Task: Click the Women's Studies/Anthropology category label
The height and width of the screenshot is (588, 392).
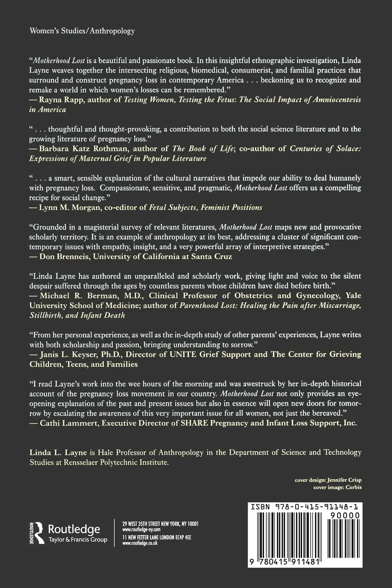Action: coord(82,31)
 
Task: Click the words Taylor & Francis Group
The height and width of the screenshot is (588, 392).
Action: coord(78,540)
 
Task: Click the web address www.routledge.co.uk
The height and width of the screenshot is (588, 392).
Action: coord(140,543)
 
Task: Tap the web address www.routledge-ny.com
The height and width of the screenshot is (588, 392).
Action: coord(141,529)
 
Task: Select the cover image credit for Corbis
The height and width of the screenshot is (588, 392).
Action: coord(337,487)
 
